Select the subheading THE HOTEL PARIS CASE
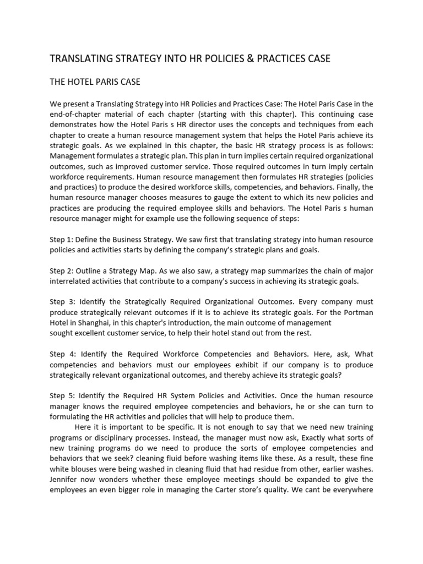95,82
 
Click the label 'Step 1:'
64,240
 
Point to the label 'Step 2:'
64,270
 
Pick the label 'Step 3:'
64,302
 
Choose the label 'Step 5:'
64,396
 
